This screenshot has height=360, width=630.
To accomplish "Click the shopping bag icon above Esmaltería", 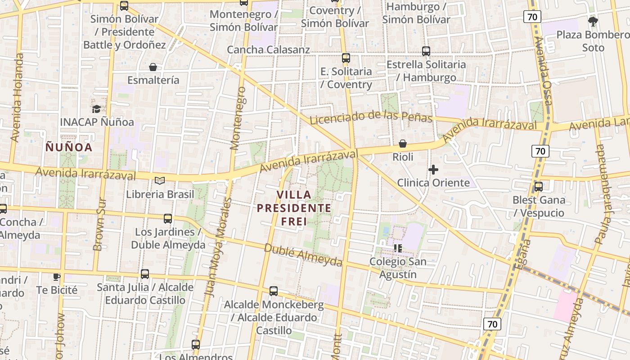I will click(153, 67).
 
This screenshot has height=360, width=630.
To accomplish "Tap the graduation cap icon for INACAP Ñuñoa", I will click(96, 109).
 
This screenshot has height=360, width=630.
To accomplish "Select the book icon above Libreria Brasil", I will click(160, 181).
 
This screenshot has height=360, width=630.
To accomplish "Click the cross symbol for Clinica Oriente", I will click(433, 170).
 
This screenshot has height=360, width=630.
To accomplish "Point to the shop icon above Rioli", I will click(403, 144).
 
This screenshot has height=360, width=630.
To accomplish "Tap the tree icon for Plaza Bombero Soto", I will click(593, 21).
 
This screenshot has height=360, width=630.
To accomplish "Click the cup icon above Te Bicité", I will click(56, 277).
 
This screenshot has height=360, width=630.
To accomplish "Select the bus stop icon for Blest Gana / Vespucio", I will click(538, 187).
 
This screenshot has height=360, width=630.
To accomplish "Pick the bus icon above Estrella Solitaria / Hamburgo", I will click(426, 51).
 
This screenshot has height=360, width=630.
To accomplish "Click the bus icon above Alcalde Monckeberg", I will click(274, 291).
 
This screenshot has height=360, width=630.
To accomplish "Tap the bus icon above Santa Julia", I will click(145, 274).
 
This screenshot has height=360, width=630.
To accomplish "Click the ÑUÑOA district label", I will click(69, 147).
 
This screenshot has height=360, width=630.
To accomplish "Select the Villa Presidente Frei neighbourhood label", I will click(294, 208).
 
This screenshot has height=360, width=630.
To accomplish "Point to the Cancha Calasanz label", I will click(268, 49).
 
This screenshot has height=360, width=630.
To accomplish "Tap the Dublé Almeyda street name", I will click(303, 255).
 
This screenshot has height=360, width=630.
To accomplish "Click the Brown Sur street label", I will click(99, 225).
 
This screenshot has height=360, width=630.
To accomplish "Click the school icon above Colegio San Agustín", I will click(397, 248).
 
